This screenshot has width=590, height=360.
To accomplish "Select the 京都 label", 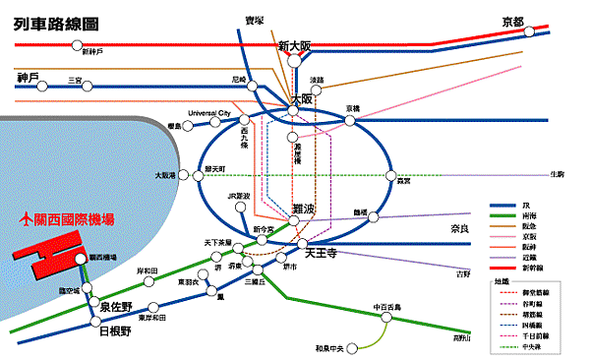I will pyautogui.click(x=512, y=22).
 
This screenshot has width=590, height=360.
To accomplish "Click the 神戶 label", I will pyautogui.click(x=28, y=78).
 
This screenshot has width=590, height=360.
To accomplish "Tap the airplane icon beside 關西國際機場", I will pyautogui.click(x=26, y=220).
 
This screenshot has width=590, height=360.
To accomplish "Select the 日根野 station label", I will pyautogui.click(x=116, y=332).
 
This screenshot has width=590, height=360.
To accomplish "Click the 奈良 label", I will pyautogui.click(x=460, y=228).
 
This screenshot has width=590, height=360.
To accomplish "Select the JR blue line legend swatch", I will pyautogui.click(x=502, y=207).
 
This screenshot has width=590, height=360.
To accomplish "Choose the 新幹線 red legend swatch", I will pyautogui.click(x=502, y=267).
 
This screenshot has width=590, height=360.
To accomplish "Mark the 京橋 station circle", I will pyautogui.click(x=350, y=121).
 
